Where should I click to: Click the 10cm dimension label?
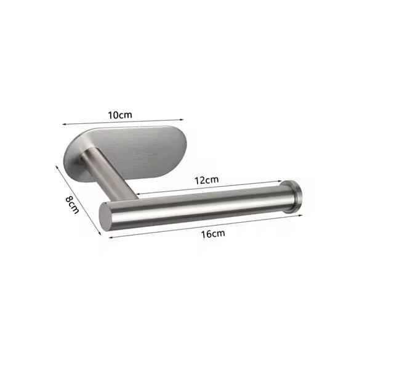pyautogui.click(x=121, y=115)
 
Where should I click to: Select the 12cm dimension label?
pyautogui.click(x=207, y=179)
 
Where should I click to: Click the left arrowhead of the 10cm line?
pyautogui.click(x=63, y=125)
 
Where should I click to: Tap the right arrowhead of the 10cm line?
pyautogui.click(x=183, y=121)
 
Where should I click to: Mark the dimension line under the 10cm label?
pyautogui.click(x=123, y=123)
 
